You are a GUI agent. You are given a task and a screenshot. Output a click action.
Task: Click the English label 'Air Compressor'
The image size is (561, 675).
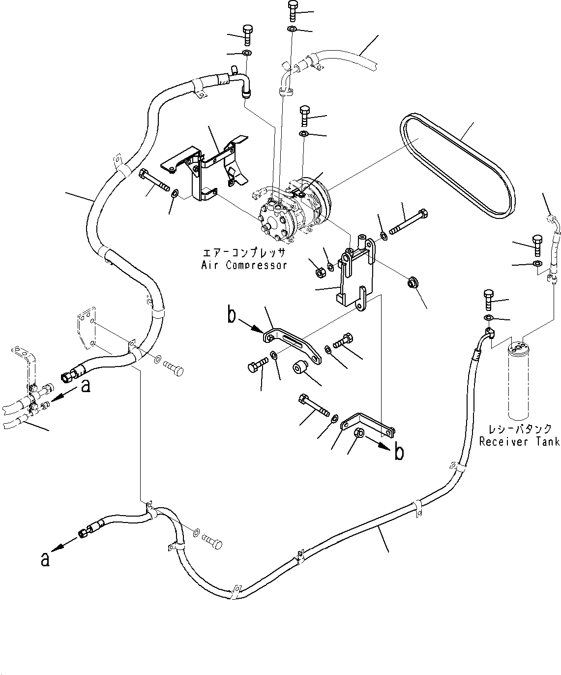244,265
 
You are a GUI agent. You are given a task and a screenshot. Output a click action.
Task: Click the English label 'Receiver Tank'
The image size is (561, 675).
520,441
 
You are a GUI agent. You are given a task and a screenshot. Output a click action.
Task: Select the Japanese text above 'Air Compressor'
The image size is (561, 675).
244,252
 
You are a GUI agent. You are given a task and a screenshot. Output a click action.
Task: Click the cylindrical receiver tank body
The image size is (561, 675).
518,381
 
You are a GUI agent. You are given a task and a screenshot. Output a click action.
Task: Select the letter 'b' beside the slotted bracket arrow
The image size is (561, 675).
232,315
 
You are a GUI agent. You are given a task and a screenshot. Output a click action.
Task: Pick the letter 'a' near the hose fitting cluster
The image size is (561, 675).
86,386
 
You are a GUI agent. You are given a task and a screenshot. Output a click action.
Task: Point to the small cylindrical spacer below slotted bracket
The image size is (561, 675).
299,368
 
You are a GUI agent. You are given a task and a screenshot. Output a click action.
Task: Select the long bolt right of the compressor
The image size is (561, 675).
409,222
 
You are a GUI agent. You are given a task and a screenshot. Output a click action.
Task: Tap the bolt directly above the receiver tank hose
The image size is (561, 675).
489,300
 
